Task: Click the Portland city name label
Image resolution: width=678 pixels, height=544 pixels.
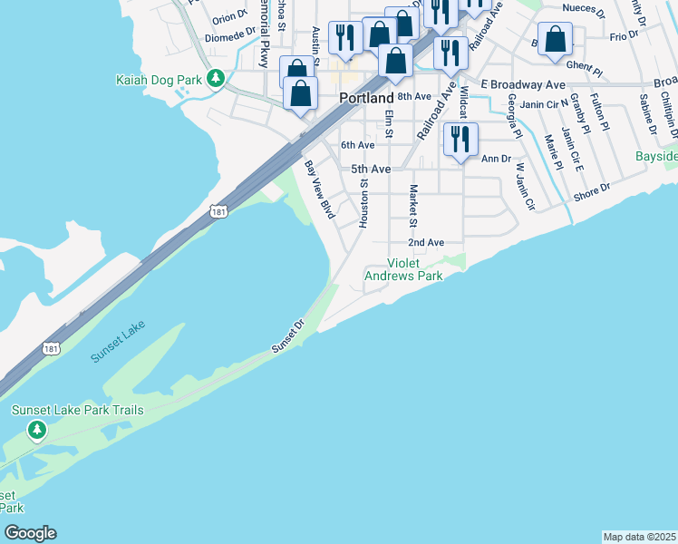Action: [x=366, y=98]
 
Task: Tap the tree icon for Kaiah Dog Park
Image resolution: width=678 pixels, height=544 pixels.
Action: [x=216, y=80]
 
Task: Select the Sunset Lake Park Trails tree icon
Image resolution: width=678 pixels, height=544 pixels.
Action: [x=36, y=430]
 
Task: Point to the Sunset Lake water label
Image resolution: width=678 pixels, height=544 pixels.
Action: [x=118, y=343]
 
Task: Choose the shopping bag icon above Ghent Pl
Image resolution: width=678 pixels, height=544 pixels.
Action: [x=555, y=40]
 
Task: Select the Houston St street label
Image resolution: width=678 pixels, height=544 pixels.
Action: [x=364, y=201]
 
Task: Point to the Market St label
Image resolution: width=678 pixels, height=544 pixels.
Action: [x=413, y=207]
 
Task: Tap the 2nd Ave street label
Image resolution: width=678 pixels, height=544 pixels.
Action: [x=425, y=243]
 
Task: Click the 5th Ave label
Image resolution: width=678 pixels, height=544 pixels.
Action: [x=371, y=169]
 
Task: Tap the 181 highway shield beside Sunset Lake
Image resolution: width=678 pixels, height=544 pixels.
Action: [x=52, y=348]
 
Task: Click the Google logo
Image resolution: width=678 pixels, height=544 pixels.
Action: [x=29, y=533]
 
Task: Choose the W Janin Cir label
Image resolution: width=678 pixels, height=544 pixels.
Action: [x=526, y=187]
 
